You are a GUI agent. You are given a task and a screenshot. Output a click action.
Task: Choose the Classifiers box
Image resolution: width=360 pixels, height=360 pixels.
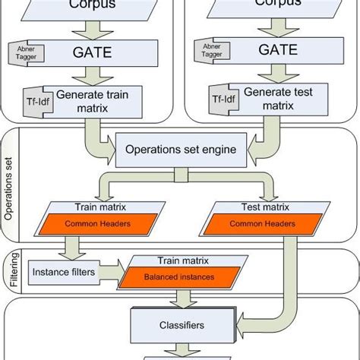(x=181, y=324)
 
